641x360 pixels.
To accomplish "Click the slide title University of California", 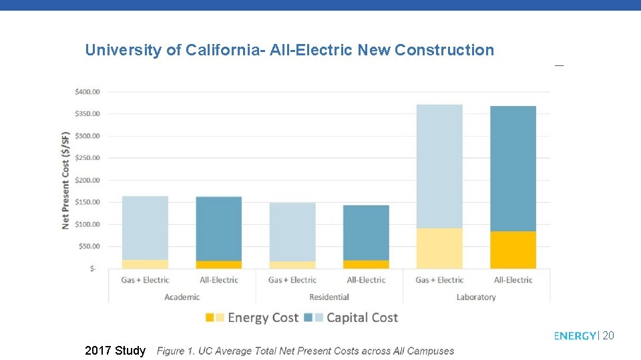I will pyautogui.click(x=289, y=50).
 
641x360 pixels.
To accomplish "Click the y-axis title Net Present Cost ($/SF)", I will pyautogui.click(x=65, y=180).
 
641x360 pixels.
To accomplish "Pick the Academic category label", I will pyautogui.click(x=182, y=297).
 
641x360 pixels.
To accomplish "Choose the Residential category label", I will pyautogui.click(x=329, y=297).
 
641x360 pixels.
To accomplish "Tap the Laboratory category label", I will pyautogui.click(x=476, y=297).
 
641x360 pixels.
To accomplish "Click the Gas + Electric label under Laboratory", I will pyautogui.click(x=439, y=280).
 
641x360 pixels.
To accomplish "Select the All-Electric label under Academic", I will pyautogui.click(x=219, y=280).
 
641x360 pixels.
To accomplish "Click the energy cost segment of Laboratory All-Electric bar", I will pyautogui.click(x=513, y=250).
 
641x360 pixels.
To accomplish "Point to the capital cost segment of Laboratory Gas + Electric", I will pyautogui.click(x=439, y=167).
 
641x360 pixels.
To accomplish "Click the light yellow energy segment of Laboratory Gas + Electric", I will pyautogui.click(x=439, y=248).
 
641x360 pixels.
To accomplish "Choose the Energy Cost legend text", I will pyautogui.click(x=262, y=318).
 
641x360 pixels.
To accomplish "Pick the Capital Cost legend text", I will pyautogui.click(x=362, y=318).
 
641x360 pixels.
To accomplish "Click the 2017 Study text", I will pyautogui.click(x=116, y=351).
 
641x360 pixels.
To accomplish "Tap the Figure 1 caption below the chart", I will pyautogui.click(x=305, y=351).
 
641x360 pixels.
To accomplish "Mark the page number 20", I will pyautogui.click(x=608, y=336).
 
